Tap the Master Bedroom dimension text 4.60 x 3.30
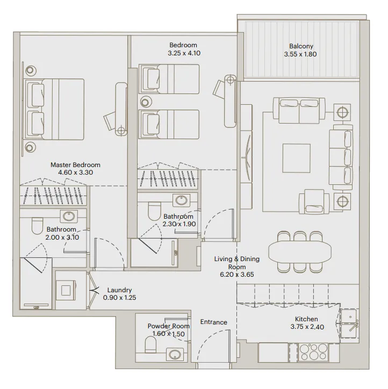coord(75,174)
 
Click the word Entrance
coord(213,322)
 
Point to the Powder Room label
coord(169,326)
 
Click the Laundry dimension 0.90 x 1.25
coord(119,298)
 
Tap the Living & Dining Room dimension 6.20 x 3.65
coord(236,274)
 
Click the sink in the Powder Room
coord(174,354)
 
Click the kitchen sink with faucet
coord(349,322)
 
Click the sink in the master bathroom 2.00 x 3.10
coord(68,217)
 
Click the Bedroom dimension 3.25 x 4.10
coord(183,54)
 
